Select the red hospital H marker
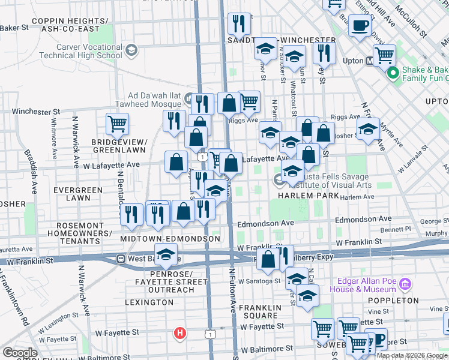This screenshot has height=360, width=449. [x=178, y=334]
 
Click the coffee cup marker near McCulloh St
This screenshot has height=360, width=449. [x=360, y=26]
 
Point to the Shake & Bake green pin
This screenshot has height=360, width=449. [x=393, y=74]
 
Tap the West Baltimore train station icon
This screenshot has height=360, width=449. [x=121, y=259]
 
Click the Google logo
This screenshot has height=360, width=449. [x=20, y=353]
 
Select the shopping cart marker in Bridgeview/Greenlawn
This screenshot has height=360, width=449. [x=117, y=124]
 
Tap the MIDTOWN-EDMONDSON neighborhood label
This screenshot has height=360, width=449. [x=170, y=239]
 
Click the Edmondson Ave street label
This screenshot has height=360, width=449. [x=265, y=223]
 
